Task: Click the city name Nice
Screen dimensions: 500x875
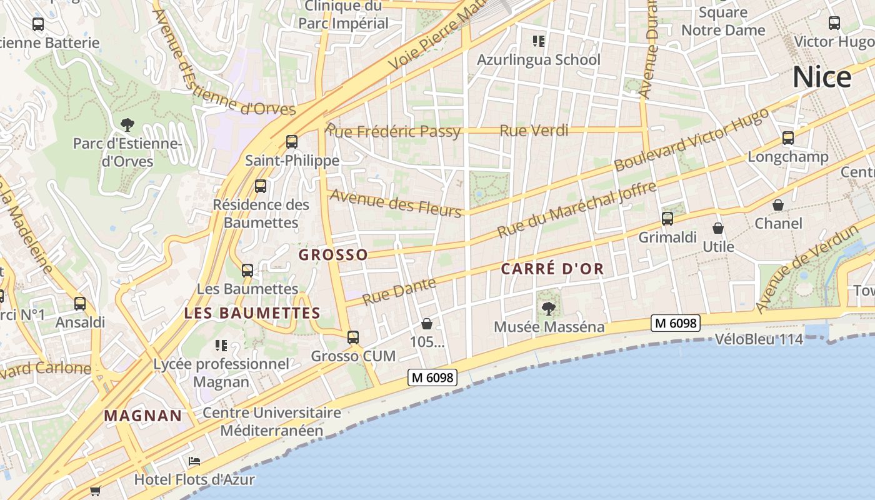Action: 821,77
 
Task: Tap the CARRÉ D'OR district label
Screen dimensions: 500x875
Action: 552,269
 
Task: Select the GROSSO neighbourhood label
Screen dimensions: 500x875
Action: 333,254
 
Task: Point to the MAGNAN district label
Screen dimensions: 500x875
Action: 143,416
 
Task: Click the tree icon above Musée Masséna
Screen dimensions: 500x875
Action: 549,307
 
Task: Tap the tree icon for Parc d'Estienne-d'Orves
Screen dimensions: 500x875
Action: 127,125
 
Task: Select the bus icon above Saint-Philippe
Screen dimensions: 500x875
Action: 292,141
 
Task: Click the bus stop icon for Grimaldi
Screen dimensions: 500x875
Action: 667,218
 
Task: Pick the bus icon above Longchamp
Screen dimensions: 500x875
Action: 788,137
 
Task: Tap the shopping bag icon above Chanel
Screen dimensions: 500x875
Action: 778,205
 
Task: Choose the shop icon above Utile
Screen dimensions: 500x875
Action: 718,228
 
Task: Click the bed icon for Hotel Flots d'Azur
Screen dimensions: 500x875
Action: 194,461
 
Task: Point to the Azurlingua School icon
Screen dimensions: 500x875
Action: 538,41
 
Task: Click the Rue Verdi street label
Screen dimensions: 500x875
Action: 534,131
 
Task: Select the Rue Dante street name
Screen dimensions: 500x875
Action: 399,291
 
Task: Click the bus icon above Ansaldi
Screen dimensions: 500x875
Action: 80,304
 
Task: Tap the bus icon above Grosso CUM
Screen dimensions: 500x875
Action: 353,337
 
